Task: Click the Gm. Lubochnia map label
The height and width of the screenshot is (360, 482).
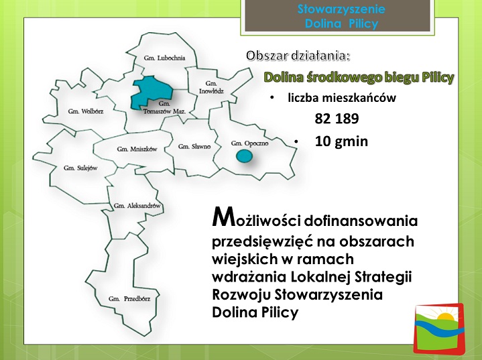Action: click(x=164, y=58)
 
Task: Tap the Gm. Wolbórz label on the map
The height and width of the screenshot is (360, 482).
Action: click(x=86, y=111)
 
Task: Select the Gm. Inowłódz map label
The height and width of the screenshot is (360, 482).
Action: click(x=211, y=87)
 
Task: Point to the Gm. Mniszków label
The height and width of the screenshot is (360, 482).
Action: click(x=137, y=149)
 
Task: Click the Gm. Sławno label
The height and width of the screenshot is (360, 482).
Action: click(x=194, y=146)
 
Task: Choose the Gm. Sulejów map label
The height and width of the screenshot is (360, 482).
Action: click(x=80, y=168)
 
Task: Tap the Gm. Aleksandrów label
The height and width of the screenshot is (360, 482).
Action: click(x=137, y=206)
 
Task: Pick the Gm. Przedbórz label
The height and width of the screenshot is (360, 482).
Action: click(x=129, y=298)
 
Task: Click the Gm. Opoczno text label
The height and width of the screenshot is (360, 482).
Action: click(x=249, y=143)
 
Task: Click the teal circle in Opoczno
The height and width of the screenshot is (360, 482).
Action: click(x=245, y=156)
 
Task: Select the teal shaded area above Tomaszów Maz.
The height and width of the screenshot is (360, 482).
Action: click(x=151, y=92)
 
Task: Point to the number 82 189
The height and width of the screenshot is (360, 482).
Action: click(x=337, y=119)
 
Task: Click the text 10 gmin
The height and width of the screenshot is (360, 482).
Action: click(x=341, y=141)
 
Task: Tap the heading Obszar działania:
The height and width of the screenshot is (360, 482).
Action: click(x=298, y=56)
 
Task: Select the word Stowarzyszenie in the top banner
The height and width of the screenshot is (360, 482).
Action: click(x=341, y=9)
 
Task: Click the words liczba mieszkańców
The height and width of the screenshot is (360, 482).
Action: click(x=342, y=98)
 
